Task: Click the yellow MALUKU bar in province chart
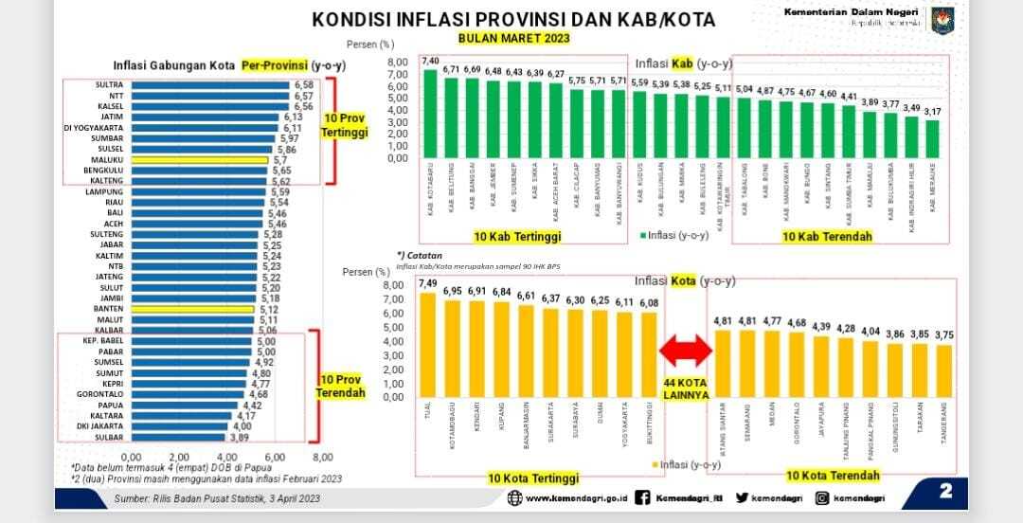pos(200,160)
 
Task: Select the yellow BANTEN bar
pos(193,309)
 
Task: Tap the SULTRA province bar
pos(209,85)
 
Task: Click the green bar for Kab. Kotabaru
pos(430,114)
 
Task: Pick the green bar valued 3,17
pos(933,138)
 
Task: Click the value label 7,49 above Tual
pos(427,283)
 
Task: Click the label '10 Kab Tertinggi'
pos(519,235)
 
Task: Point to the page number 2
pos(946,491)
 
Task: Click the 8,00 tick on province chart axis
pos(323,456)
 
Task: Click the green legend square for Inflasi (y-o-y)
pos(643,235)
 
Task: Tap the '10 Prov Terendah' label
pos(342,387)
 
